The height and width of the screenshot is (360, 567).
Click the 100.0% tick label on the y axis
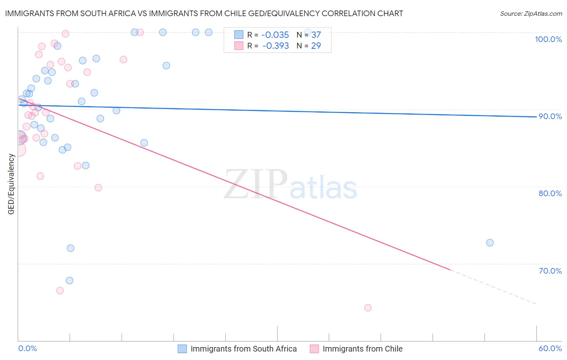tap(548, 39)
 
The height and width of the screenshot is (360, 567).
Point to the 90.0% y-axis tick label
tap(550, 116)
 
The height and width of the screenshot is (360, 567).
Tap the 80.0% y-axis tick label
tap(550, 193)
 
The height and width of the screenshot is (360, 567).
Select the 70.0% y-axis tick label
tap(550, 271)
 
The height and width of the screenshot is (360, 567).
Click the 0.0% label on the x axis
tap(27, 348)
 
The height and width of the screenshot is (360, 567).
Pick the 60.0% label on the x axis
tap(550, 348)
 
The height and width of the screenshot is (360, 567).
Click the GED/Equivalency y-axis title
tap(11, 184)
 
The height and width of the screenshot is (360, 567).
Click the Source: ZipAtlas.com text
tap(531, 14)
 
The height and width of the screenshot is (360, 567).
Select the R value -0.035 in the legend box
tap(275, 35)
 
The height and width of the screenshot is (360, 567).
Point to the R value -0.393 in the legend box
tap(275, 46)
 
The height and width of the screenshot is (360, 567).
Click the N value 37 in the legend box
tap(316, 35)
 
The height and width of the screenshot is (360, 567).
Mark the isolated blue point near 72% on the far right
tap(490, 243)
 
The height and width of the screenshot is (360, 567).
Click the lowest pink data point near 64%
tap(368, 308)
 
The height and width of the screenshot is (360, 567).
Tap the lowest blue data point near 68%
tap(69, 280)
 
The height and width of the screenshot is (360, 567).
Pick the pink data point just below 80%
tap(98, 188)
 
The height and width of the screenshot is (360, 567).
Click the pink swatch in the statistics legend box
tap(239, 46)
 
